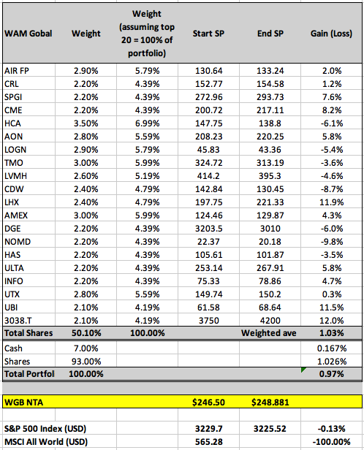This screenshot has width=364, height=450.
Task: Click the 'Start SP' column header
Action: (x=208, y=34)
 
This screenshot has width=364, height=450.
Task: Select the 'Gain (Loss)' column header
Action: (x=331, y=34)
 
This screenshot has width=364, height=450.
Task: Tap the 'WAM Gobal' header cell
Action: (x=28, y=34)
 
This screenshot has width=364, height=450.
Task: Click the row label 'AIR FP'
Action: (x=17, y=71)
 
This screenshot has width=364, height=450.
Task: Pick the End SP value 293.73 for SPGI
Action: (x=270, y=97)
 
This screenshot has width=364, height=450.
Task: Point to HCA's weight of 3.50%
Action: (x=86, y=123)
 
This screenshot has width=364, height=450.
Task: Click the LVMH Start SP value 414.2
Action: (x=208, y=176)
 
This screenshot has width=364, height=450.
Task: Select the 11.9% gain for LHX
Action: (x=332, y=202)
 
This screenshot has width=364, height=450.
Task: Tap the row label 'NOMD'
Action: (x=18, y=242)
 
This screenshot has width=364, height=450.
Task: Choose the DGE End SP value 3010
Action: (x=270, y=229)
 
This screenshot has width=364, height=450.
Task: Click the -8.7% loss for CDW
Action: (x=332, y=189)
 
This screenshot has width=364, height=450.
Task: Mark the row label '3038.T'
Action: (x=18, y=321)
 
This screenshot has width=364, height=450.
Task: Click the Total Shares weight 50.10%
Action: (x=86, y=333)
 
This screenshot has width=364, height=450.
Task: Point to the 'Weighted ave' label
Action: (x=269, y=333)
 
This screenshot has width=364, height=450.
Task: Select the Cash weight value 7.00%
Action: (x=86, y=348)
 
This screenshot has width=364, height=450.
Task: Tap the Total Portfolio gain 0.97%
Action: (x=332, y=374)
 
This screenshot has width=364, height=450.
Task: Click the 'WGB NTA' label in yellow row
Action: (x=24, y=403)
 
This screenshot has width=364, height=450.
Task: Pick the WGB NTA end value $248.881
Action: (x=270, y=403)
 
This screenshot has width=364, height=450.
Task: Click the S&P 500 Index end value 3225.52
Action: (x=270, y=429)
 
